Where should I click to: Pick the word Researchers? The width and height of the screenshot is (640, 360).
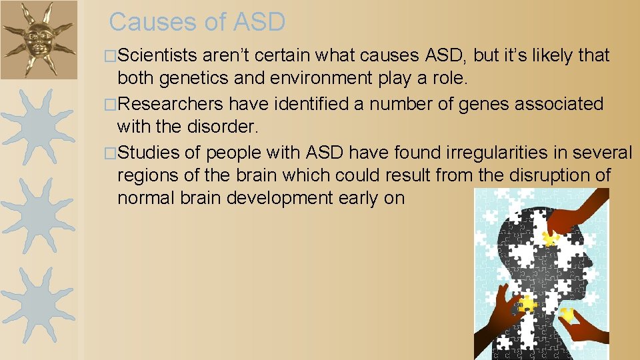[170, 104]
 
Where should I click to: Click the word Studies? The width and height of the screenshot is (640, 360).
[149, 153]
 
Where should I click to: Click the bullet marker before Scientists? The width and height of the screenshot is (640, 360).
[111, 56]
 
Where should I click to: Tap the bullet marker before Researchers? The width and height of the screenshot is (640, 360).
[111, 105]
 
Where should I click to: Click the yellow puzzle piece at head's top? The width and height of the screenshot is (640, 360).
[551, 238]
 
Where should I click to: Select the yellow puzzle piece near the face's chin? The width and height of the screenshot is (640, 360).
[566, 313]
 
